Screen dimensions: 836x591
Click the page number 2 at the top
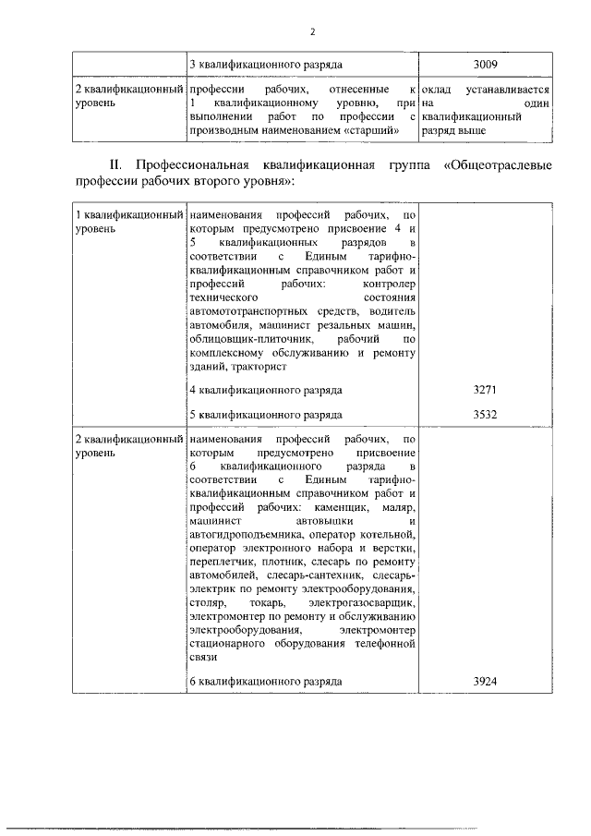[313, 31]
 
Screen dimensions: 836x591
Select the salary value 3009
[485, 66]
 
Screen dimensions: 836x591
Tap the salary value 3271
[485, 391]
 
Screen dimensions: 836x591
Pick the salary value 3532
[485, 415]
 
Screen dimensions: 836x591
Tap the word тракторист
[247, 367]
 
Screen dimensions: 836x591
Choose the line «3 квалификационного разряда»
[265, 66]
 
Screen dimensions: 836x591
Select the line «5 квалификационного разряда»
[265, 415]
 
